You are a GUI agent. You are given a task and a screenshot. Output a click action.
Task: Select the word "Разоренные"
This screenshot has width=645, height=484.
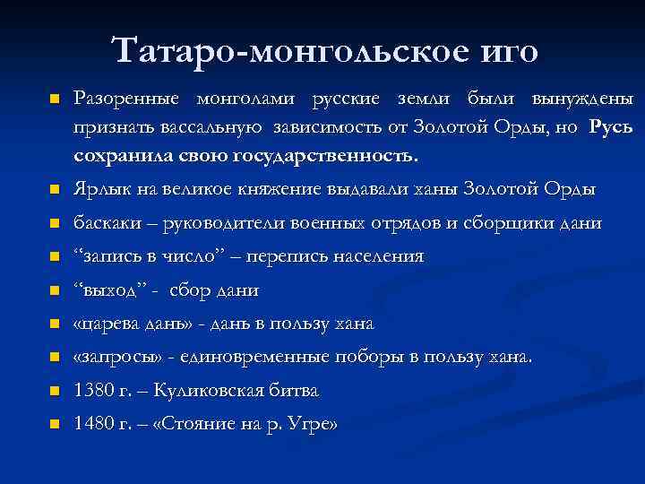125,96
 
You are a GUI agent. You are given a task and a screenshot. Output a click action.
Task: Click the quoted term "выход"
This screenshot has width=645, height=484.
112,290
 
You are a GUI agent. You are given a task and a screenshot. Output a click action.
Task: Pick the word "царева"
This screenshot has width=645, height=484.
116,324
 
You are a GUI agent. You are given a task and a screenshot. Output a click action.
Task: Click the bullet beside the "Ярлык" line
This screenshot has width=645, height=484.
53,191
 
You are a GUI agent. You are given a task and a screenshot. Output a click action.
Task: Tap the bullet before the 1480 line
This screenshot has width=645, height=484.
53,425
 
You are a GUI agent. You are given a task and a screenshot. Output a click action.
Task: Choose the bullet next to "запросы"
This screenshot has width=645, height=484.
53,358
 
